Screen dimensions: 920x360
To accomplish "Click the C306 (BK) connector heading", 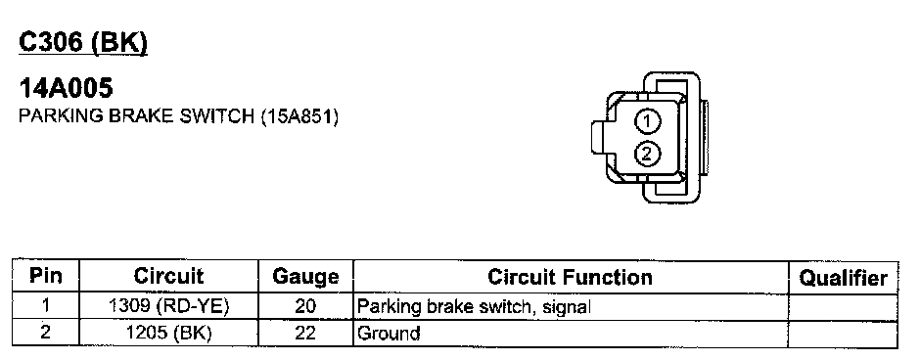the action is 83,43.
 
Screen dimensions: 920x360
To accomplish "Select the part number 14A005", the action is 66,89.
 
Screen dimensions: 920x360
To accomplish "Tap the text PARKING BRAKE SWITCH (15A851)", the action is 179,116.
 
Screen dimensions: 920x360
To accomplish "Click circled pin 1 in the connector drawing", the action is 647,122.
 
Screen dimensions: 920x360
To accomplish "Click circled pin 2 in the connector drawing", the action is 647,154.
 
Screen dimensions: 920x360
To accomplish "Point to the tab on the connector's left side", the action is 601,138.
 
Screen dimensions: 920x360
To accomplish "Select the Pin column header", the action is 46,276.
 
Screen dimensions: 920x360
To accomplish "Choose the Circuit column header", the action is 168,276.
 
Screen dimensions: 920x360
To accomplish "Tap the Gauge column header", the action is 305,277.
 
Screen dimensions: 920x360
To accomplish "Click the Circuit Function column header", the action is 570,277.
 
